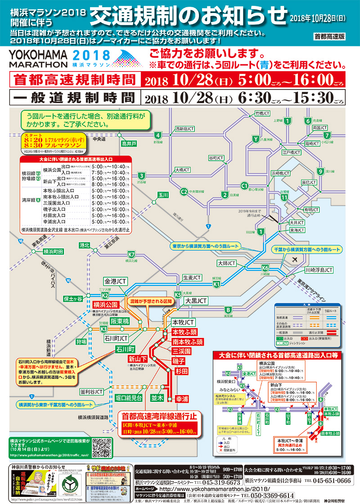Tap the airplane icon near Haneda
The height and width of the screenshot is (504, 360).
pyautogui.click(x=295, y=260)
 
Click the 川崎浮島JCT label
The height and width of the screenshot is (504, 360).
pyautogui.click(x=319, y=270)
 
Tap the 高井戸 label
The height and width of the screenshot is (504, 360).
pyautogui.click(x=129, y=144)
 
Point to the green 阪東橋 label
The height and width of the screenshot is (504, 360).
pyautogui.click(x=120, y=321)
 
